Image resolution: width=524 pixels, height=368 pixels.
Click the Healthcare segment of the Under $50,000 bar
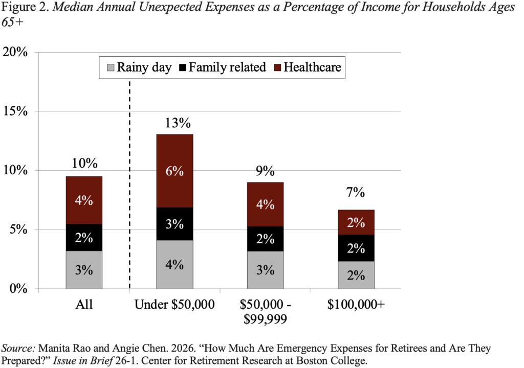click(174, 171)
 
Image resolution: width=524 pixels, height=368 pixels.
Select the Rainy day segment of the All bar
click(84, 269)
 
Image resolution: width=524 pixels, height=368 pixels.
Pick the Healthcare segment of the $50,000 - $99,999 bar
click(265, 204)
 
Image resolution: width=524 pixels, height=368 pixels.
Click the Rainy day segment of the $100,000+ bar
click(356, 275)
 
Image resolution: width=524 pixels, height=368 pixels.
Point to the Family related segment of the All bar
click(84, 237)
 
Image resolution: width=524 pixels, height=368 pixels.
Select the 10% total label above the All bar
click(84, 164)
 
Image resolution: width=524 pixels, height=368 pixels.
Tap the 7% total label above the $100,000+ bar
click(356, 193)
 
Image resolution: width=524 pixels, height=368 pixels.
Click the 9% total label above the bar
click(265, 170)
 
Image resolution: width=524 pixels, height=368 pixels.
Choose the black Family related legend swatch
click(182, 67)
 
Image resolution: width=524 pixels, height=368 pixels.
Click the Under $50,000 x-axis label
click(174, 306)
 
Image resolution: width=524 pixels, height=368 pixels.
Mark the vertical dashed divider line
click(129, 204)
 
